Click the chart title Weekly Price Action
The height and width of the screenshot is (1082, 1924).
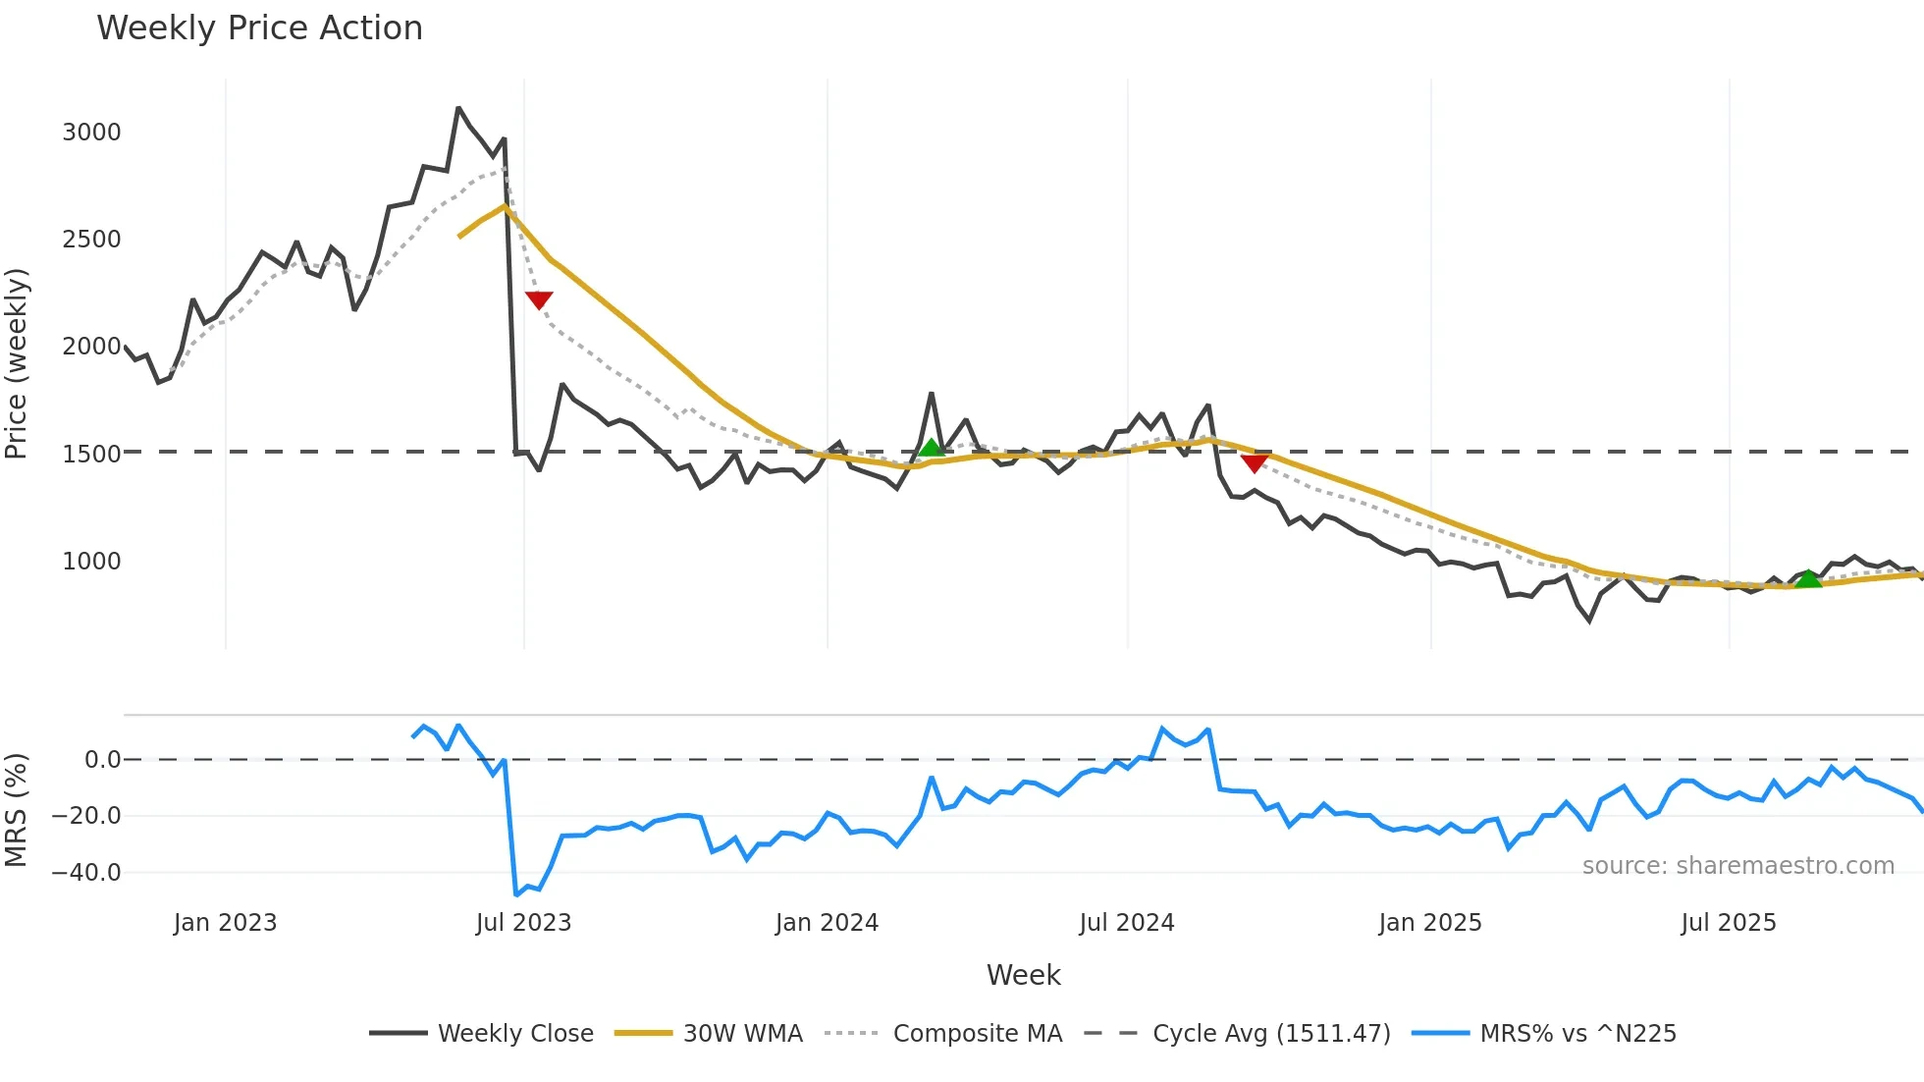(x=259, y=28)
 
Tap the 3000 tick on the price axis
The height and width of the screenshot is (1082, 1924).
(x=91, y=133)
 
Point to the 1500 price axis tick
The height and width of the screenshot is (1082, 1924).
(x=91, y=454)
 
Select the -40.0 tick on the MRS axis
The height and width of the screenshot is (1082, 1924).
(x=86, y=873)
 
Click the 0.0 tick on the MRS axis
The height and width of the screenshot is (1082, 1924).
(x=102, y=760)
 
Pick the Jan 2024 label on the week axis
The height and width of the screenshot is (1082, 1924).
(x=827, y=923)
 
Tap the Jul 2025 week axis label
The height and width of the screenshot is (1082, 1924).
(x=1729, y=923)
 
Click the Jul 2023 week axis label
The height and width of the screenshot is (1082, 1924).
(x=523, y=923)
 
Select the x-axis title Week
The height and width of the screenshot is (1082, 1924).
(x=1023, y=975)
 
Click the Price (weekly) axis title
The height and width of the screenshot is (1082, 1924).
(x=17, y=363)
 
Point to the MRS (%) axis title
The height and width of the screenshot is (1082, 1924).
(x=17, y=810)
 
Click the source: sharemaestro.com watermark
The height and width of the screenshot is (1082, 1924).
(x=1737, y=866)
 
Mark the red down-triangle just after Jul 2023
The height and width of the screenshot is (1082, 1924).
(x=539, y=299)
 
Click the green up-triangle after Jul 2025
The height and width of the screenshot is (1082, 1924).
(x=1808, y=578)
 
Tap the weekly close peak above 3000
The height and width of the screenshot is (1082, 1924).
(x=458, y=108)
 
